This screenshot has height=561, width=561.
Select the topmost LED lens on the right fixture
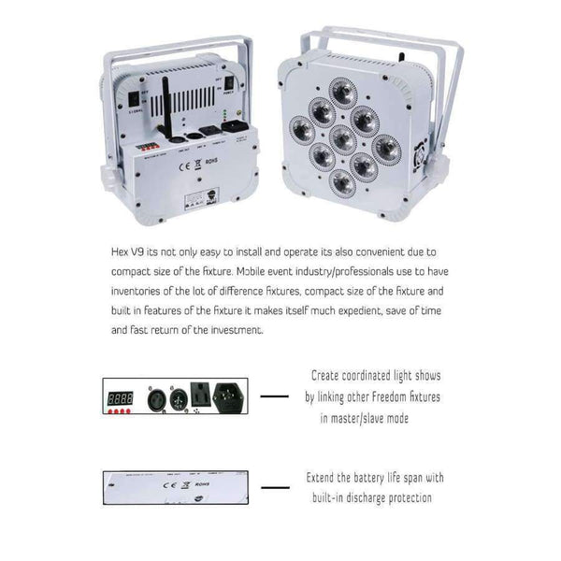point(342,90)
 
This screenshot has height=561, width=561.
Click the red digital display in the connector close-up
point(120,396)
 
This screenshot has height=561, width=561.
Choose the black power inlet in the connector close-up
point(232,395)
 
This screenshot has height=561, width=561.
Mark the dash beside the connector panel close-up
point(273,396)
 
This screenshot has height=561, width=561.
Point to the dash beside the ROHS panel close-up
point(274,487)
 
